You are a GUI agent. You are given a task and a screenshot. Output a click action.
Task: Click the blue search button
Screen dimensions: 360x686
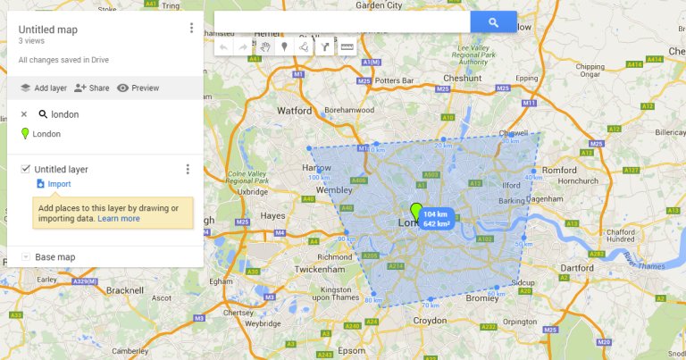pos(494,21)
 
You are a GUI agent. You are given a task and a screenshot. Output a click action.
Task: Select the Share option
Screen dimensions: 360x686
pos(91,88)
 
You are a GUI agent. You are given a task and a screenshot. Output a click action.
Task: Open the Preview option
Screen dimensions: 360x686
pos(138,88)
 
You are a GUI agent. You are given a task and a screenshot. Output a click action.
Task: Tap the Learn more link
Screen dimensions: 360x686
pos(119,218)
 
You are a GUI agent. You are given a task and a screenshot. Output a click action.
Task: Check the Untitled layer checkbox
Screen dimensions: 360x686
pos(26,169)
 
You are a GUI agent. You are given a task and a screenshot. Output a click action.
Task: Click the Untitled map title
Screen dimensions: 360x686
pos(48,29)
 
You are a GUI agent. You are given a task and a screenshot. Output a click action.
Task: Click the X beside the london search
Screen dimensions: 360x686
pos(24,114)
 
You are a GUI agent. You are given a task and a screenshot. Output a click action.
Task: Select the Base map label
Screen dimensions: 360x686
pos(54,256)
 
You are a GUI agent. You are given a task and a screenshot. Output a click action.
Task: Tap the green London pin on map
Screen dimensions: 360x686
pos(415,212)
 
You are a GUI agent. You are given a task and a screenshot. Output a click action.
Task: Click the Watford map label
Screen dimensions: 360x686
pos(294,112)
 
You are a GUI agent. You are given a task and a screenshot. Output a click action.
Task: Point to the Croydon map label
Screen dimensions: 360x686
pos(430,320)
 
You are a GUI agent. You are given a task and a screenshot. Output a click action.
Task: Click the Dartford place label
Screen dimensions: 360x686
pos(577,267)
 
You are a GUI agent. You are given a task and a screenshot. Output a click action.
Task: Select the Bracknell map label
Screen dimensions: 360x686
pos(124,290)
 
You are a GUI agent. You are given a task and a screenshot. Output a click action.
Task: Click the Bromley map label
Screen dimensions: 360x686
pos(482,297)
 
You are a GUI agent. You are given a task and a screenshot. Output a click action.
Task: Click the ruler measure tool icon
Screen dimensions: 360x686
pos(347,46)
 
